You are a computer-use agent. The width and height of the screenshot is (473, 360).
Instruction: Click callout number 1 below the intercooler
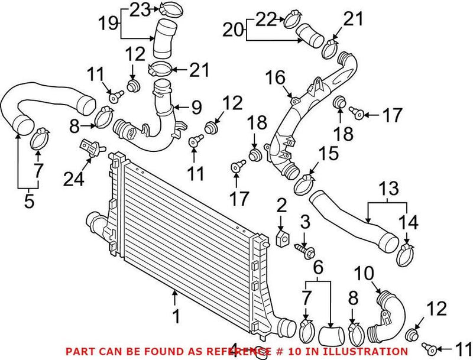coord(175,317)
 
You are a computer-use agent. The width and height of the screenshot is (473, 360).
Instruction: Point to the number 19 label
coord(108,25)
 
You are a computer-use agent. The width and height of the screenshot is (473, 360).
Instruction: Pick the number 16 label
coord(276,77)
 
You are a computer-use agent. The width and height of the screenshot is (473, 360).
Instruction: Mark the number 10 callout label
coord(365,273)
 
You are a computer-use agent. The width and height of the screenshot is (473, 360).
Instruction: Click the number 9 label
coord(196,107)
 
